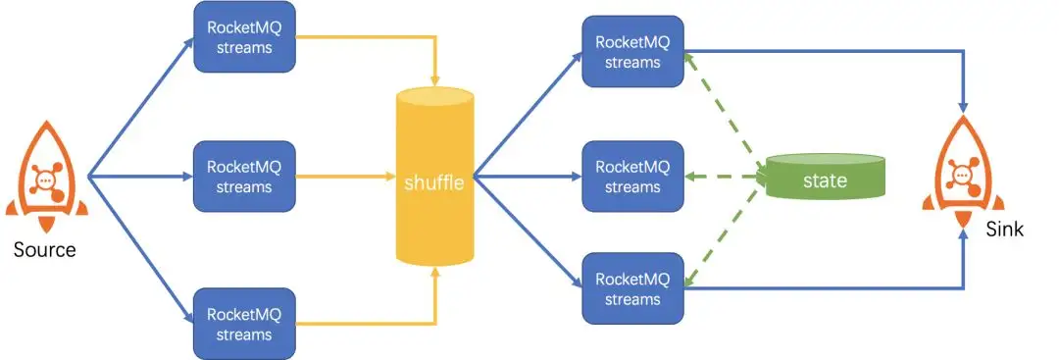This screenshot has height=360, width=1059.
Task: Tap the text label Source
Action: [44, 250]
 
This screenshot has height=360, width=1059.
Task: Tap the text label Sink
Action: [1004, 229]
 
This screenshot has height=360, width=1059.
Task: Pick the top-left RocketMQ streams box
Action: [244, 38]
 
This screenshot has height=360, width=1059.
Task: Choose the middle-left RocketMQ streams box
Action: [244, 177]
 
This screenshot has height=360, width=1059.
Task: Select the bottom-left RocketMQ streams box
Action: [244, 324]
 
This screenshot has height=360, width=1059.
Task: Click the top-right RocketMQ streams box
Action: [632, 50]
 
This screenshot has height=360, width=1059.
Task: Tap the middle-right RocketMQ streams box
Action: [632, 177]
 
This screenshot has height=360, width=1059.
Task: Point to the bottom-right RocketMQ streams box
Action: [632, 289]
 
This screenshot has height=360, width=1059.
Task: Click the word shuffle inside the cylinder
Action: [434, 183]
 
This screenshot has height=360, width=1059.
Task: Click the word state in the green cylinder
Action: [824, 181]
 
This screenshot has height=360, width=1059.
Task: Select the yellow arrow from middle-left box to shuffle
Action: [343, 178]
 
